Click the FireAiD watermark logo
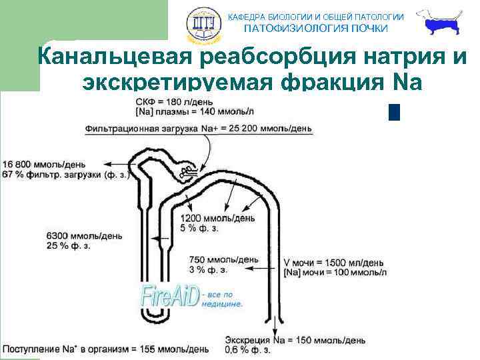[171, 295]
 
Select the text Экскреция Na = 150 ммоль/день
[295, 339]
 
